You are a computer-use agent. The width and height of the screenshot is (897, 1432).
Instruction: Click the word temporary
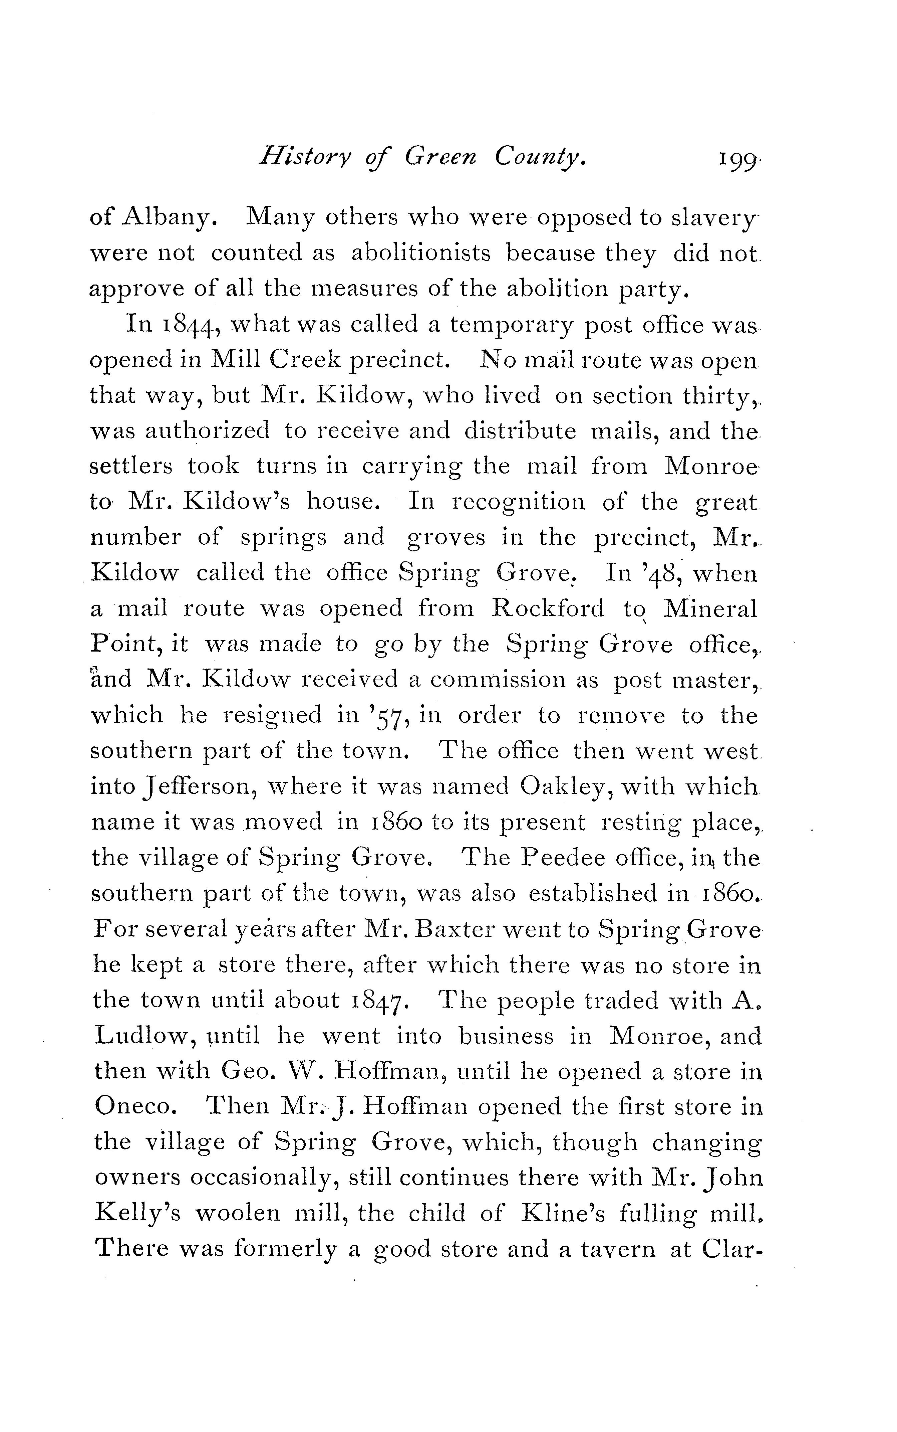pyautogui.click(x=511, y=326)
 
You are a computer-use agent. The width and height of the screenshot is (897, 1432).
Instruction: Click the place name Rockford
pyautogui.click(x=548, y=609)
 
